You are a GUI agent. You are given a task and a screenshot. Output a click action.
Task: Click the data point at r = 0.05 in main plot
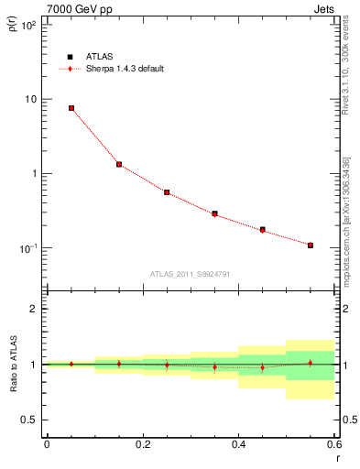coord(71,108)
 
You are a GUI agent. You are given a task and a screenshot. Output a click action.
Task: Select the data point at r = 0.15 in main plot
coord(119,165)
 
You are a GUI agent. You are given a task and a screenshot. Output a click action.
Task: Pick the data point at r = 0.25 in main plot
coord(167,192)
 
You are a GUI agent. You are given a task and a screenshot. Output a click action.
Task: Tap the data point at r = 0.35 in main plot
coord(214,213)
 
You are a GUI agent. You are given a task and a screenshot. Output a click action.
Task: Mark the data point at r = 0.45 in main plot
coord(263,230)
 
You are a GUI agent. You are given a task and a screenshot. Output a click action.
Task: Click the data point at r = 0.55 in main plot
coord(311,245)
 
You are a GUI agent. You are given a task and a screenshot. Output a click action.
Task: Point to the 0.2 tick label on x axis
coord(142,444)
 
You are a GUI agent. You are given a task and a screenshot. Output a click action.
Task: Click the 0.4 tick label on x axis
coord(238,444)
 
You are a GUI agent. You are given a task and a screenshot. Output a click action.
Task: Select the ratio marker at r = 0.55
coord(311,363)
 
